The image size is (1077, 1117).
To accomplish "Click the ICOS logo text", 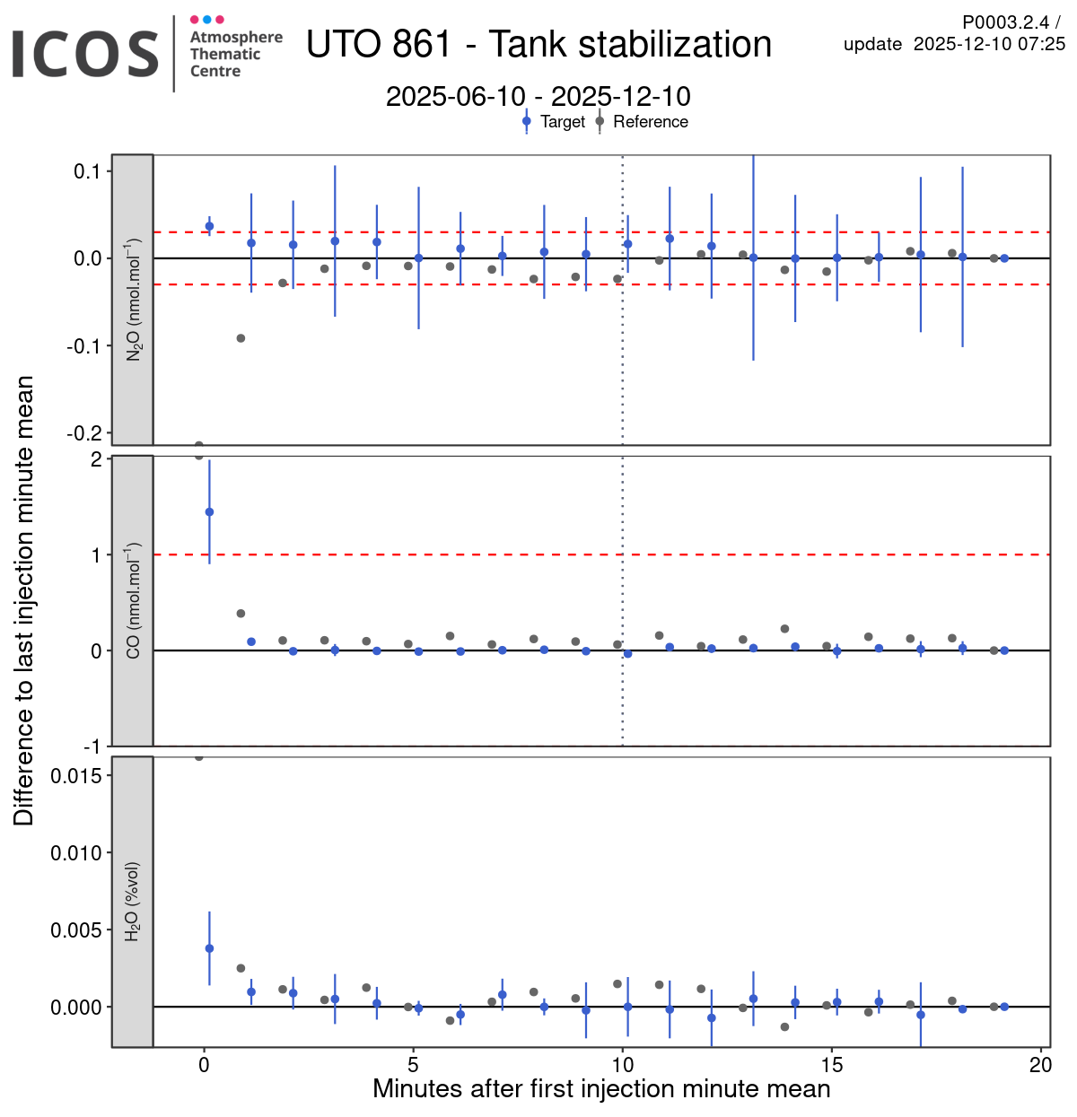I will point(85,54).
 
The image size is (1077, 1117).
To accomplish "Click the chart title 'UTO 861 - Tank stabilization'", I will point(538,44).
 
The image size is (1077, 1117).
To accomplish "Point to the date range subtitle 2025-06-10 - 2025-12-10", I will point(538,96).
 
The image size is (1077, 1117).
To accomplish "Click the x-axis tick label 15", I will point(832,1065).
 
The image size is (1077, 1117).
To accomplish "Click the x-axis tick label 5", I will point(414,1065).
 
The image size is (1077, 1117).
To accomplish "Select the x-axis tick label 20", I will point(1041,1065).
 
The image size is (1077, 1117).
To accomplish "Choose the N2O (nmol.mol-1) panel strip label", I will point(133,300).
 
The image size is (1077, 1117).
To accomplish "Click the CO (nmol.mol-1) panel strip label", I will point(133,600).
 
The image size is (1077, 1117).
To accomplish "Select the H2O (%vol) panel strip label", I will point(133,902).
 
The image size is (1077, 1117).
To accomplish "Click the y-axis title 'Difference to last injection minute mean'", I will point(23,600).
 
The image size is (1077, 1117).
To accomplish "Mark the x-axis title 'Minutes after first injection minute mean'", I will point(601,1089).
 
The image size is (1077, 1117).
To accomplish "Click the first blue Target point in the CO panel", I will point(209,512).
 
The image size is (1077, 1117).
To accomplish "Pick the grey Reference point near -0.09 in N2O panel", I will point(241,338).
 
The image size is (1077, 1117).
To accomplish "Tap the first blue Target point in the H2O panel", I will point(209,948).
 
